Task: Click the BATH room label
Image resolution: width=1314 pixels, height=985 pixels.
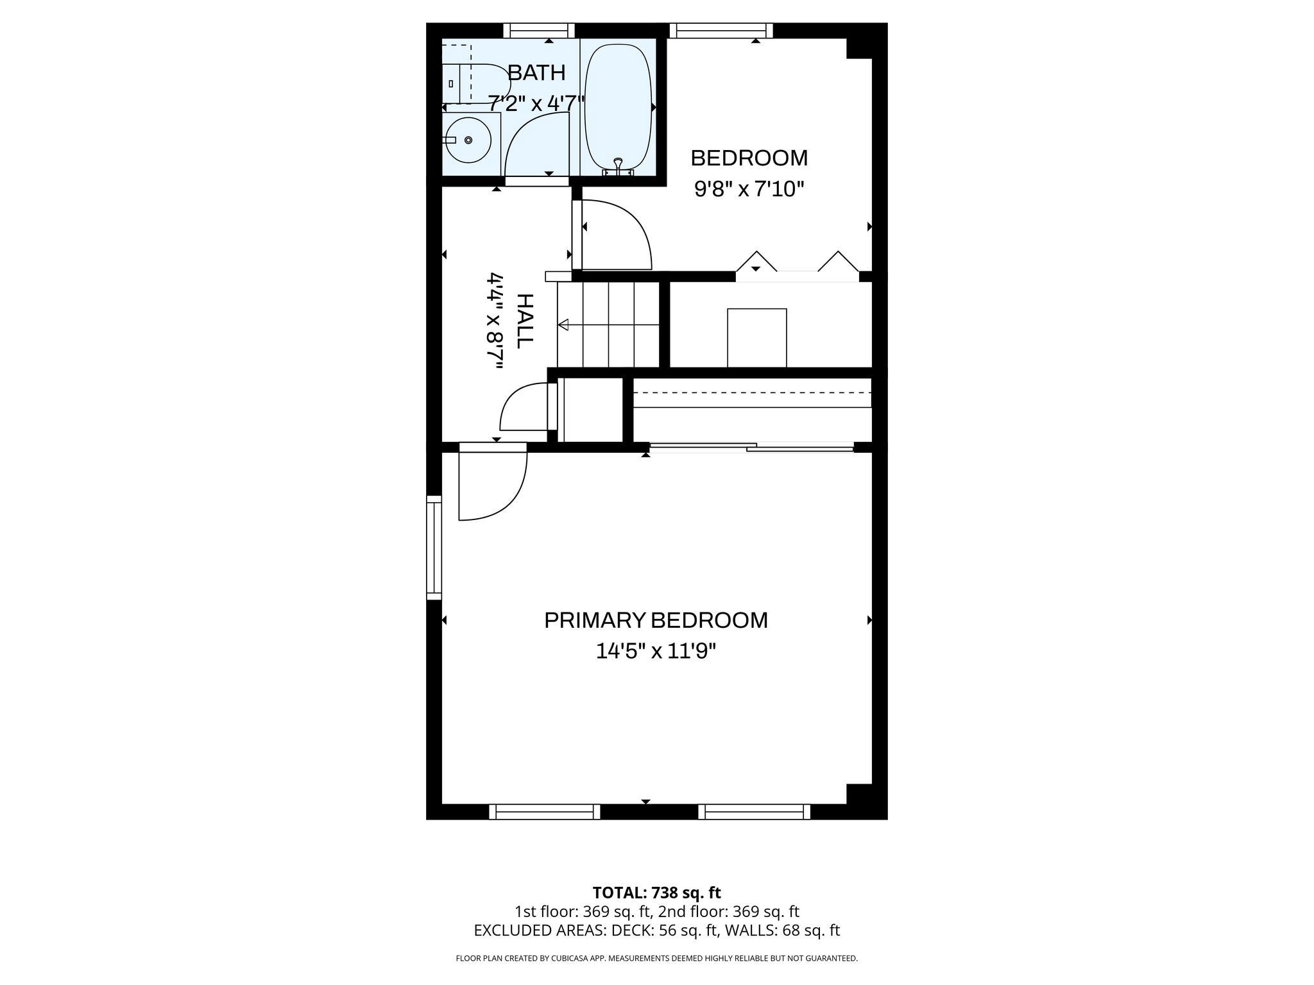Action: [x=536, y=73]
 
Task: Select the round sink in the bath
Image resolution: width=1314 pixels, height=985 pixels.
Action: [x=468, y=140]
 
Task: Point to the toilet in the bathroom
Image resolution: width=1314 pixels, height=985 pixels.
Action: [x=474, y=83]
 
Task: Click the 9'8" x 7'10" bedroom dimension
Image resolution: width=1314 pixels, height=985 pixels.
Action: [x=749, y=189]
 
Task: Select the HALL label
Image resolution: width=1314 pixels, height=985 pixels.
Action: [x=524, y=321]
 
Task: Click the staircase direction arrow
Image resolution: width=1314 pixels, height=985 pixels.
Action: [x=564, y=325]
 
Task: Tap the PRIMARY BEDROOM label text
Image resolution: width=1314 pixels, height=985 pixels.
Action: [x=656, y=620]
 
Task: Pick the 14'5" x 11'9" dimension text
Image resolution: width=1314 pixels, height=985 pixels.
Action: [x=656, y=652]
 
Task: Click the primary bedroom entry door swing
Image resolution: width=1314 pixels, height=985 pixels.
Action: [x=491, y=484]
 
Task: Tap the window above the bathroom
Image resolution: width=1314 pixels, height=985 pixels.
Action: [x=538, y=30]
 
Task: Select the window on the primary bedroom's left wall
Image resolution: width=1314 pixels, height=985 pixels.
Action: [x=434, y=548]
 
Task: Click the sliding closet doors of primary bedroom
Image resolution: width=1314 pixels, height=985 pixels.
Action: [x=751, y=447]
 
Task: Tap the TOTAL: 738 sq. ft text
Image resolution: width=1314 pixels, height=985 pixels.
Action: [x=656, y=893]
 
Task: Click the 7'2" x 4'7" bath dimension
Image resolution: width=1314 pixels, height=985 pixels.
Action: [x=536, y=103]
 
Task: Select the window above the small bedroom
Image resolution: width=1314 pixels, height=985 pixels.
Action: [x=721, y=30]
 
